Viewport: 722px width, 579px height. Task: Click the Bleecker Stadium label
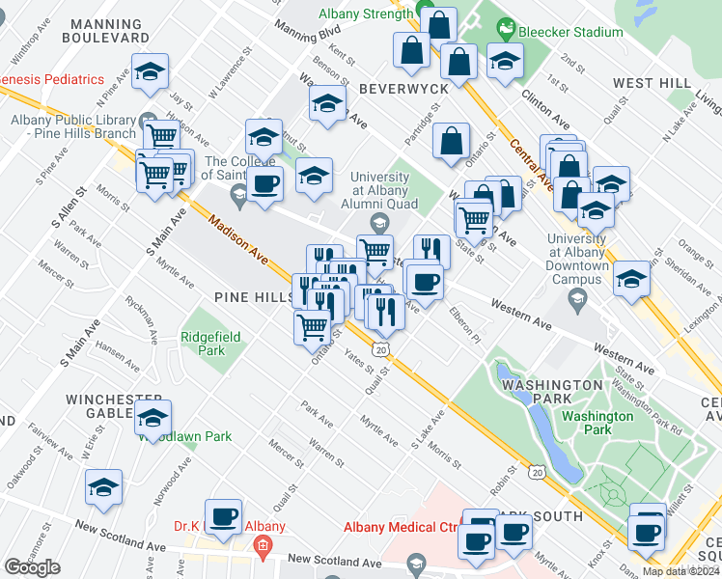click(x=571, y=32)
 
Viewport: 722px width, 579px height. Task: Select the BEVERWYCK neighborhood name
click(x=403, y=88)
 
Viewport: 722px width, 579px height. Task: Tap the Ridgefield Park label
click(x=203, y=344)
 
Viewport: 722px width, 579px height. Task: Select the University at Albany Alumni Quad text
click(x=379, y=190)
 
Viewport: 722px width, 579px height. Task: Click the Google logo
click(x=32, y=567)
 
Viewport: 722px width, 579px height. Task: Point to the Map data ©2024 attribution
click(x=680, y=571)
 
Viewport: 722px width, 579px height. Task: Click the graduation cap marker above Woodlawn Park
click(x=153, y=418)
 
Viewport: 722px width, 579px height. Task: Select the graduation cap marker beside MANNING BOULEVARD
click(x=150, y=71)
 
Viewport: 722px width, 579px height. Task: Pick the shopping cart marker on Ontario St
click(x=312, y=326)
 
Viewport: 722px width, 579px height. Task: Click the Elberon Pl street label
click(x=464, y=324)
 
